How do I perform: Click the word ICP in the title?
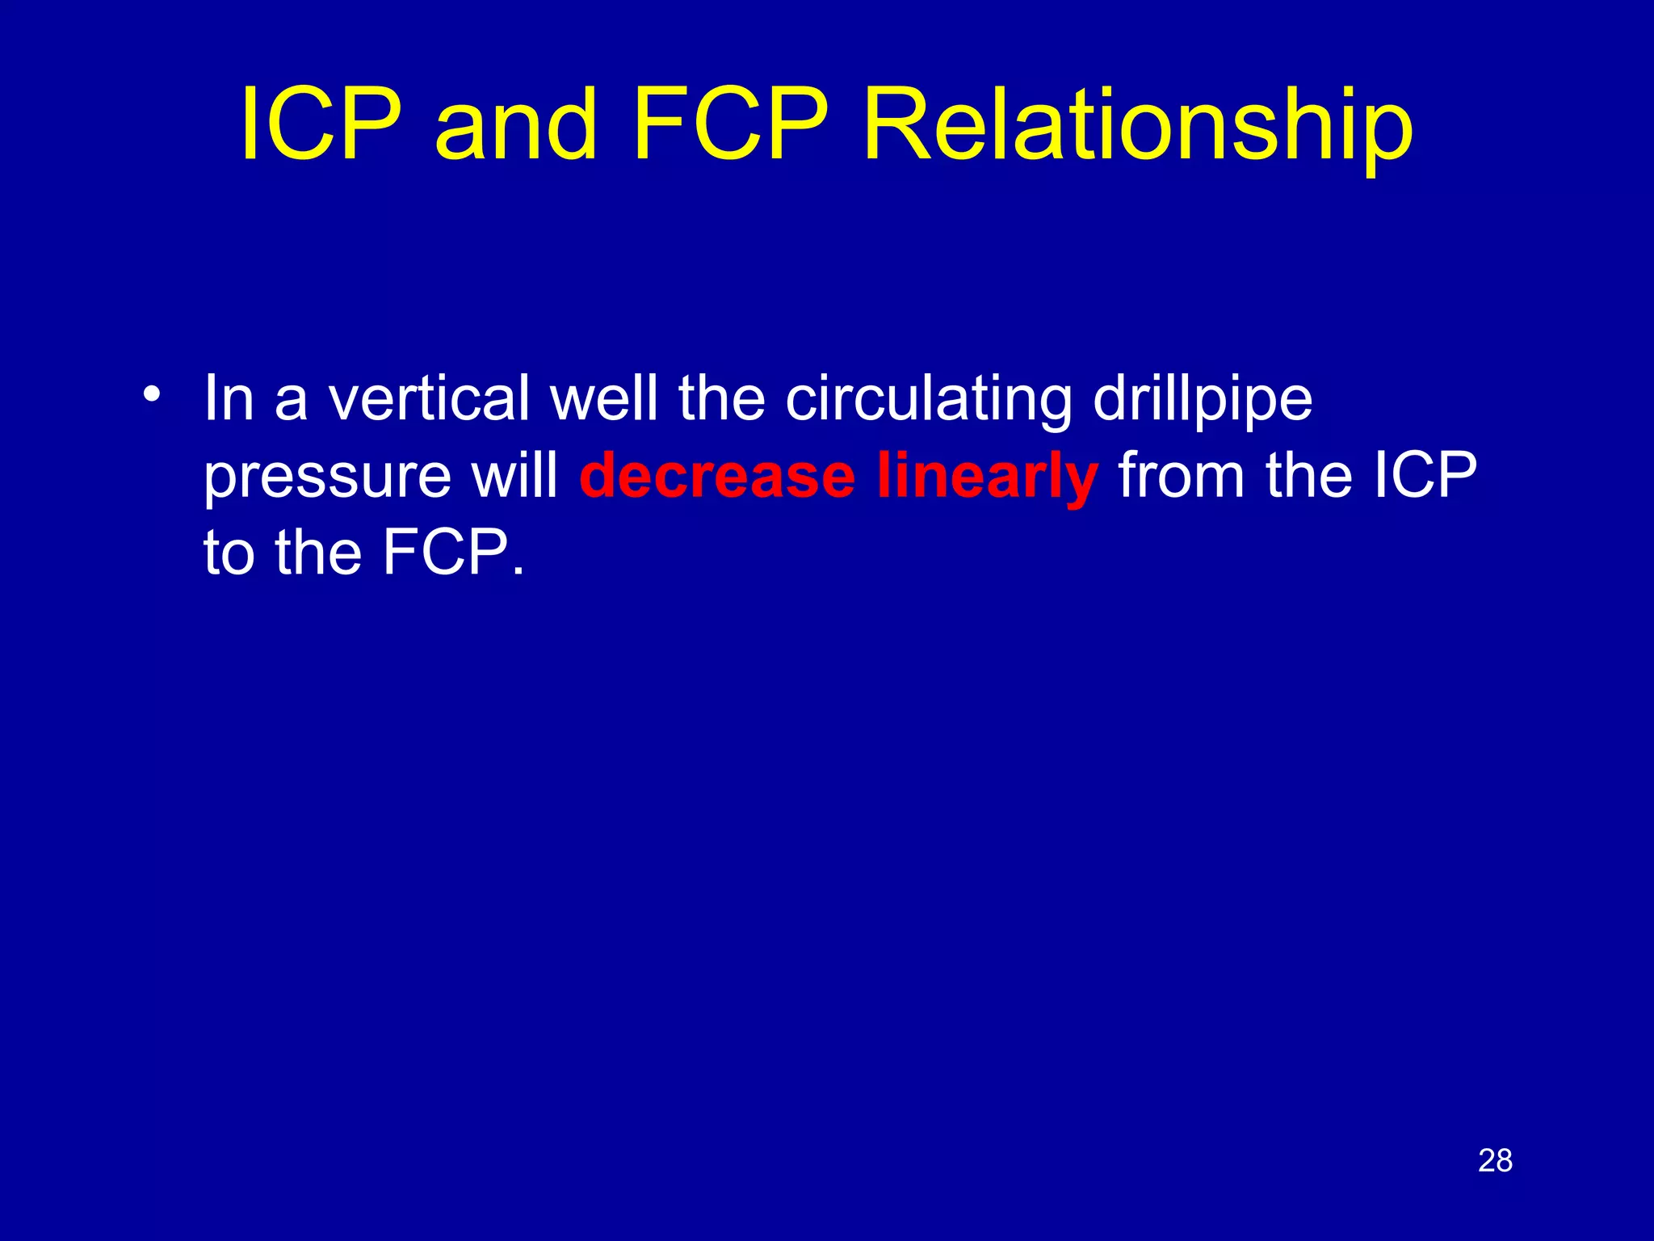click(x=321, y=125)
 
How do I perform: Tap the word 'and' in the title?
click(x=516, y=125)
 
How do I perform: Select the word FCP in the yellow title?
click(x=730, y=125)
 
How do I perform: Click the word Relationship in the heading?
click(x=1137, y=129)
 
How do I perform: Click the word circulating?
click(x=929, y=400)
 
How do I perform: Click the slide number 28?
click(x=1495, y=1161)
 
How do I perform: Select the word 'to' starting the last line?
click(x=229, y=554)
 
